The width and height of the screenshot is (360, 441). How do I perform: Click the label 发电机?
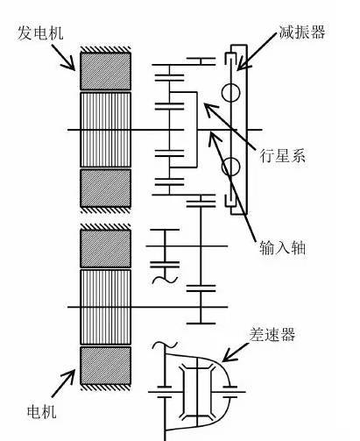(x=40, y=32)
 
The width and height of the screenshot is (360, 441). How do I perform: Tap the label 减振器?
(x=302, y=32)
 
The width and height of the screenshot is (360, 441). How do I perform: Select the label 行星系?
(x=282, y=155)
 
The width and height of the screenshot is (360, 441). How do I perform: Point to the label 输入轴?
(x=282, y=249)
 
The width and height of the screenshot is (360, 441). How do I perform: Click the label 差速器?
(x=272, y=335)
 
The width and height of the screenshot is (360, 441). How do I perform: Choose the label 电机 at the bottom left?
(x=42, y=412)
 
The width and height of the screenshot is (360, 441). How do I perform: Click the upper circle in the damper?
(x=230, y=93)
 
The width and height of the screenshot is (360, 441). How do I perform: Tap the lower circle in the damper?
(x=230, y=167)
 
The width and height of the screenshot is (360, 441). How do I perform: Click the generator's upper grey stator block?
(x=105, y=71)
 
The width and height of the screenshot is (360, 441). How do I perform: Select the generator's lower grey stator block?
(x=105, y=188)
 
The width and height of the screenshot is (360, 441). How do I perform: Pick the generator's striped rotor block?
(x=105, y=130)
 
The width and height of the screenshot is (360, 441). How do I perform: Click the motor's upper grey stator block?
(x=105, y=248)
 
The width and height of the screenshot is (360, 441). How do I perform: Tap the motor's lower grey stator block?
(x=105, y=366)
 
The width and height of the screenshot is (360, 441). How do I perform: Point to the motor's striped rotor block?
(x=105, y=307)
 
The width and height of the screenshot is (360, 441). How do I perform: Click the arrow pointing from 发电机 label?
(x=63, y=57)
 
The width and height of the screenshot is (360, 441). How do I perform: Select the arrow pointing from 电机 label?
(x=63, y=383)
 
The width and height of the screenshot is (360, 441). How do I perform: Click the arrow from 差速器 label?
(x=236, y=352)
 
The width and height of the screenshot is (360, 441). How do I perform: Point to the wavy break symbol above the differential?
(x=165, y=345)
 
